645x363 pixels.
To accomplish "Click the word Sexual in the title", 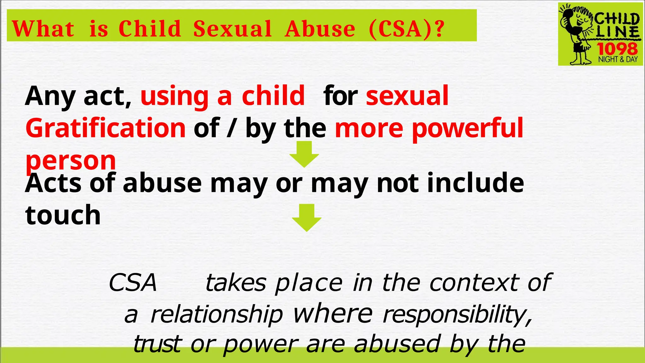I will tap(232, 29).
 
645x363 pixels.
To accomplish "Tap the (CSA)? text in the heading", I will tap(406, 29).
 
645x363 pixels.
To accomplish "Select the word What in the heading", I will tap(43, 29).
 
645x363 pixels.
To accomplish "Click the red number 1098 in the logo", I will tap(617, 49).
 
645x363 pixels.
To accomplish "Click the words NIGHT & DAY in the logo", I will tap(618, 59).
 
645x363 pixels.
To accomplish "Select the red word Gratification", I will tap(106, 128).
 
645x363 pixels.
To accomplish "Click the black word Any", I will tap(50, 96).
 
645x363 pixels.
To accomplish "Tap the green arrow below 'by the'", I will tap(304, 154).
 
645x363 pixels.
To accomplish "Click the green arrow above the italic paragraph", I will tap(306, 218).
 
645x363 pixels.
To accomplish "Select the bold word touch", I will tap(63, 215).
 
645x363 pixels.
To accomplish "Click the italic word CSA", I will tap(133, 283).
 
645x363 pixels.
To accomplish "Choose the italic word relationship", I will tap(217, 314).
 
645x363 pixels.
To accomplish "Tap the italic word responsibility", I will tap(457, 315).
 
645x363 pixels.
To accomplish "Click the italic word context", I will tap(474, 283).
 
